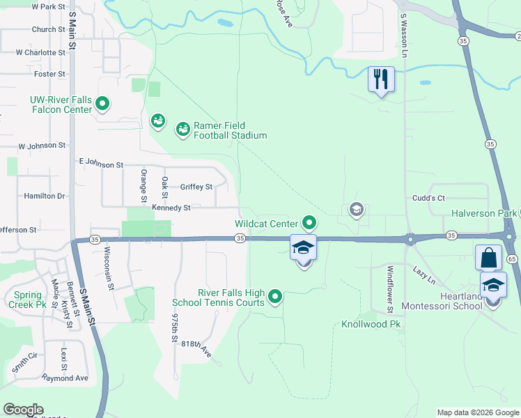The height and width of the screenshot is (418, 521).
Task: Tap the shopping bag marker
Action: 488,257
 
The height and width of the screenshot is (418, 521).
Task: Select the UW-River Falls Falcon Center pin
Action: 102,104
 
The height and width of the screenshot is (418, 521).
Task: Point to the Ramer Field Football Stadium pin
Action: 182,130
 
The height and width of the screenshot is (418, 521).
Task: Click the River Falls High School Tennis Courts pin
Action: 276,297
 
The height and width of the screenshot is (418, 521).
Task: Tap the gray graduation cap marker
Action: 357,209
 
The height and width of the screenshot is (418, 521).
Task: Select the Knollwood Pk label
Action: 371,325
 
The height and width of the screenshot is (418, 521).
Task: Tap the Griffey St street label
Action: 196,187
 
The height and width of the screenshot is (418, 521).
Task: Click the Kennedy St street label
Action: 171,208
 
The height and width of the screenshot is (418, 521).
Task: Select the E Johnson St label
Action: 101,165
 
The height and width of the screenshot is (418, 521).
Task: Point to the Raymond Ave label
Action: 65,378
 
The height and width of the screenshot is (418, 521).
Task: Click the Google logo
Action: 23,410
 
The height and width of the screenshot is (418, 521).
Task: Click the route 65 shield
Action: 513,258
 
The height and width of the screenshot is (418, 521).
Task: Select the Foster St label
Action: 49,74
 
